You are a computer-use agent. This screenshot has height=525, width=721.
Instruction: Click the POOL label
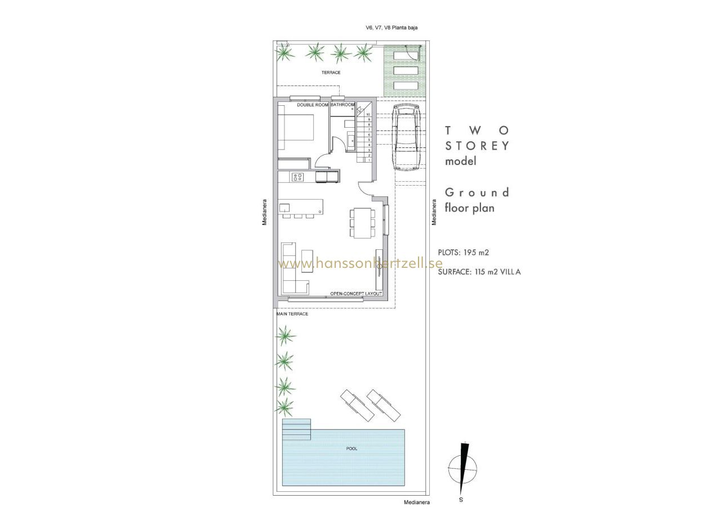coord(351,448)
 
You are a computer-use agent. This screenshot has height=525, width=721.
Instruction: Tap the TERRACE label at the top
coord(331,73)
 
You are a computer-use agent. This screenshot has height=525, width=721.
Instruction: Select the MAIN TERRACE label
coord(292,314)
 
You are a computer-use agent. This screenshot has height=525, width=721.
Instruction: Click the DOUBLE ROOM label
coord(313,105)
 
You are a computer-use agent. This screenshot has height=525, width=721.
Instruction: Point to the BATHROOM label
coord(342,105)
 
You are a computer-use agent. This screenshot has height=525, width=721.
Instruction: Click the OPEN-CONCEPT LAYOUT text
coord(356,294)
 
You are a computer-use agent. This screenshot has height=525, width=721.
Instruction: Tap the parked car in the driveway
coord(407,137)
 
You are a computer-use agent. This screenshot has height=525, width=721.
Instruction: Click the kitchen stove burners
coord(72,177)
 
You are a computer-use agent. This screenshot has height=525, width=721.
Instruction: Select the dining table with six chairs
coord(362,223)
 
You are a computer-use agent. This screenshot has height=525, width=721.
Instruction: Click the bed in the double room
coord(296,127)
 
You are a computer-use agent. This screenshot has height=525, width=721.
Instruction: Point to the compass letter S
coord(461,500)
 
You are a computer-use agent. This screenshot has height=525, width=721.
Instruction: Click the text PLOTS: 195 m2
coord(464,253)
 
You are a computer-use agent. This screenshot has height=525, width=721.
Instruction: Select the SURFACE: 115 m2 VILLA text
coord(479,272)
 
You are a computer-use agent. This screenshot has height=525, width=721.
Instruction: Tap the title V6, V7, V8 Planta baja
coord(391,28)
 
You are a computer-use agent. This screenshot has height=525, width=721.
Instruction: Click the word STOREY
coord(477,146)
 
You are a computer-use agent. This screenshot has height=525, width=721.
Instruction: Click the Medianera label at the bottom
coord(417,502)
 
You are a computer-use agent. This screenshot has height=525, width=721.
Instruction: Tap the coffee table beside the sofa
coord(82,261)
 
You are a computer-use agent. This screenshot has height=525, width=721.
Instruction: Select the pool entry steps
coord(296,429)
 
